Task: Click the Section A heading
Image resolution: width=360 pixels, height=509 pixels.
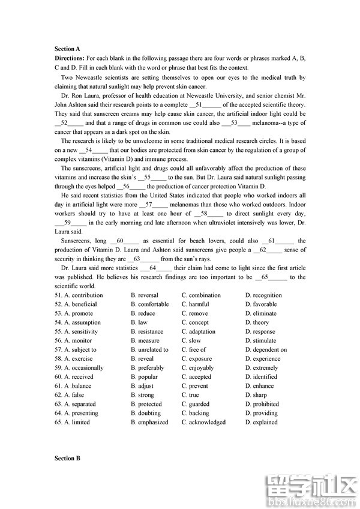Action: click(67, 49)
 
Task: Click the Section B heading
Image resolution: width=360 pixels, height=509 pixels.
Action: click(67, 459)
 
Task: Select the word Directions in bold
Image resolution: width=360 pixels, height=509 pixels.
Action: click(69, 58)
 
